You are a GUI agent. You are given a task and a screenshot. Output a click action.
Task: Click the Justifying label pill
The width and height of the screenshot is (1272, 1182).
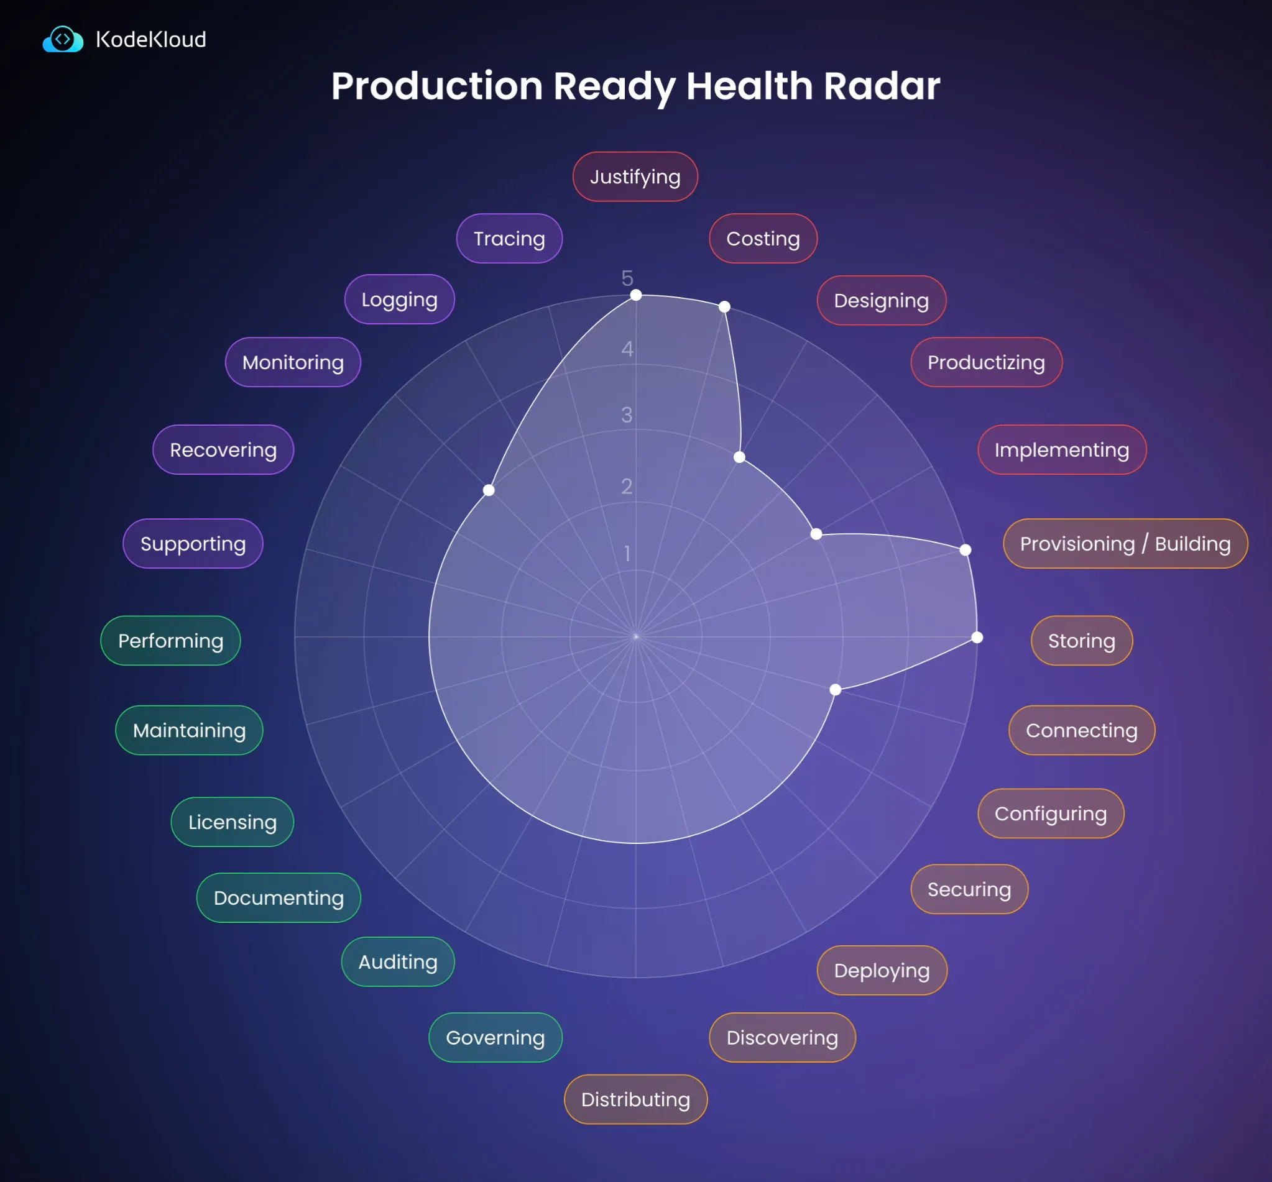pyautogui.click(x=635, y=176)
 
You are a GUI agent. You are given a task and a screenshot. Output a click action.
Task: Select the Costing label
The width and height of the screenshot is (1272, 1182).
pyautogui.click(x=763, y=239)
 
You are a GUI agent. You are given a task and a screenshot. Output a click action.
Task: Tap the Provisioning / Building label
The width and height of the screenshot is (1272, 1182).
pyautogui.click(x=1125, y=544)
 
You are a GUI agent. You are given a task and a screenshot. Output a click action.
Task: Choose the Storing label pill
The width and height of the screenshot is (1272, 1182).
pyautogui.click(x=1081, y=641)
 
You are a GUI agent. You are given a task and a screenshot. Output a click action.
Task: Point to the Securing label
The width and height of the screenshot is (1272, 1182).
pyautogui.click(x=969, y=889)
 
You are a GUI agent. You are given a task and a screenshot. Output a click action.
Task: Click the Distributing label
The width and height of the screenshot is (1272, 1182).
pyautogui.click(x=635, y=1099)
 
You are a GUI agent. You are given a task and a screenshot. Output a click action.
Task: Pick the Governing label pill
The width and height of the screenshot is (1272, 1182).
pyautogui.click(x=495, y=1037)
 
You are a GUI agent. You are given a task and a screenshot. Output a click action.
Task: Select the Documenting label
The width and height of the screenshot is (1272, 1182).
pyautogui.click(x=279, y=898)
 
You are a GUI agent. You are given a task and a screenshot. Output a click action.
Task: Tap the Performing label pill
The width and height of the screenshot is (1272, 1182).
pyautogui.click(x=171, y=641)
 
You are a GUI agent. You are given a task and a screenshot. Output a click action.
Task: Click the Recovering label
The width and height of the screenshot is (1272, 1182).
pyautogui.click(x=223, y=450)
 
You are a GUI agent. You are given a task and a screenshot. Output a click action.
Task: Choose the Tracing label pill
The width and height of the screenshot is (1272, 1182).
pyautogui.click(x=509, y=239)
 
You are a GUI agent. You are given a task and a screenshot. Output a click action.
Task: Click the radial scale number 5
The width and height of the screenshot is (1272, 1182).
pyautogui.click(x=627, y=278)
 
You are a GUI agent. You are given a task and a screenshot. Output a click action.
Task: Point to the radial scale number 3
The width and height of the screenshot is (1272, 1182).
pyautogui.click(x=627, y=415)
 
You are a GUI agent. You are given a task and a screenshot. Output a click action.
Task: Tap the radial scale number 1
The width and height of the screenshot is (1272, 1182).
pyautogui.click(x=627, y=553)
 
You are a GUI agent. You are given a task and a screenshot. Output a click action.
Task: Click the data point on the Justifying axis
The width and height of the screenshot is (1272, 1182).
pyautogui.click(x=636, y=295)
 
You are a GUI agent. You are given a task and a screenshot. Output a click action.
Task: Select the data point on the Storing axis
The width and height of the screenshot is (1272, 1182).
pyautogui.click(x=977, y=637)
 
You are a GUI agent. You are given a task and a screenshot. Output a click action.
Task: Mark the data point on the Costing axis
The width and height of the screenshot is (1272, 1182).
pyautogui.click(x=724, y=307)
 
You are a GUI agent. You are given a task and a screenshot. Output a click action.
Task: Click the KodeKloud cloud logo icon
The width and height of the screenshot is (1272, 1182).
pyautogui.click(x=63, y=40)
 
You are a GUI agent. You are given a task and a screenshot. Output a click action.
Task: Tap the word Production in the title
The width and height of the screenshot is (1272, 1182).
pyautogui.click(x=437, y=86)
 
